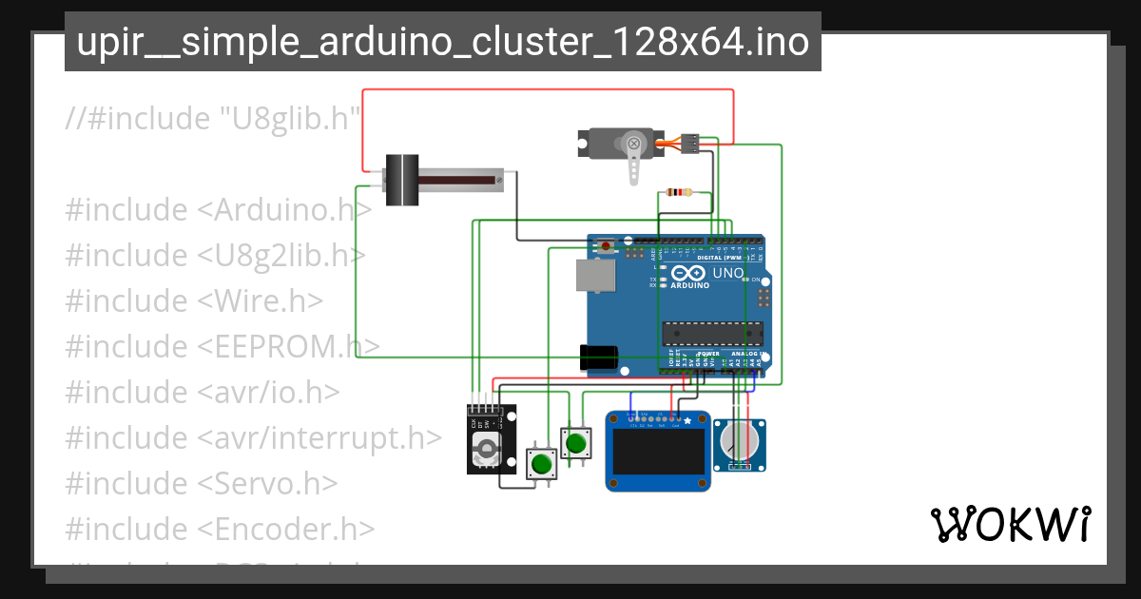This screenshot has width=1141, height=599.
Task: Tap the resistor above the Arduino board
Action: tap(680, 191)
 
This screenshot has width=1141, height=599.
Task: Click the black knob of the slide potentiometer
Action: tap(401, 180)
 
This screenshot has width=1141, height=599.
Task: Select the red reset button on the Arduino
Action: tap(607, 246)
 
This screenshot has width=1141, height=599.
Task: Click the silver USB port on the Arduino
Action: tap(594, 275)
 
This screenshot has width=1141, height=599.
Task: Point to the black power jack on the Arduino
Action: tap(599, 357)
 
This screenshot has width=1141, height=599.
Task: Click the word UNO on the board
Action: tap(727, 274)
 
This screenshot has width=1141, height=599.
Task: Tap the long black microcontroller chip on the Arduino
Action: tap(713, 332)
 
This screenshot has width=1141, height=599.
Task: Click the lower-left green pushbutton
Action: tap(541, 464)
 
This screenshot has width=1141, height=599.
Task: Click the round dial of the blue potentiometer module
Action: tap(739, 440)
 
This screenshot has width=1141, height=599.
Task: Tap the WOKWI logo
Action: tap(1010, 524)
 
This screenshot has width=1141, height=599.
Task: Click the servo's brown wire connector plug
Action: tap(690, 144)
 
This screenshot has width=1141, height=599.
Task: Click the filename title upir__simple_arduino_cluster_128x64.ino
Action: tap(443, 42)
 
